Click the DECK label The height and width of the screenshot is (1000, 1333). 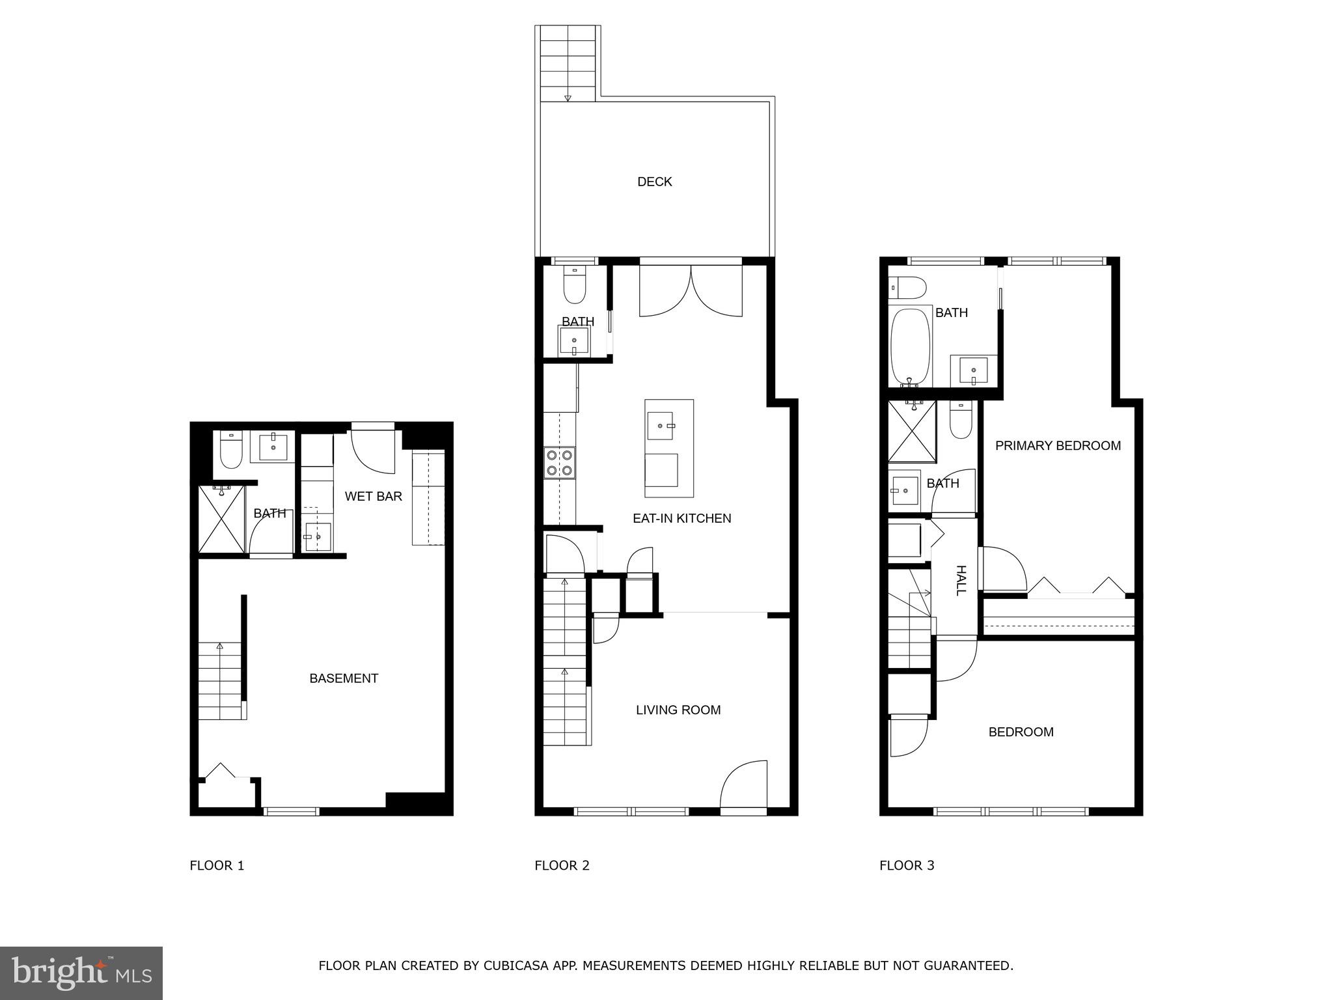click(x=654, y=182)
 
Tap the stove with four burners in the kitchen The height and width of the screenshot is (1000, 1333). click(x=560, y=462)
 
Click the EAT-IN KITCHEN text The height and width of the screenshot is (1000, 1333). click(x=681, y=518)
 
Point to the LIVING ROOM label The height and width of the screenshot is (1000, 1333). click(x=678, y=710)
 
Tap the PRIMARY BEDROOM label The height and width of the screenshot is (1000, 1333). click(x=1058, y=446)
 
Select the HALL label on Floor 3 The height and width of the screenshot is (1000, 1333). click(x=961, y=580)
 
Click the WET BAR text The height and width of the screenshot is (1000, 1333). click(x=373, y=496)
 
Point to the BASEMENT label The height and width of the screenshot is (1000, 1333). click(x=344, y=678)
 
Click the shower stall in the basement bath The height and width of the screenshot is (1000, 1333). click(x=221, y=520)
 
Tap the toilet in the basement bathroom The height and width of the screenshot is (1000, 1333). click(x=231, y=451)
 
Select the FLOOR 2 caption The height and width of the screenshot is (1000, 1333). click(x=562, y=865)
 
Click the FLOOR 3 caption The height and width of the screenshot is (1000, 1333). click(x=907, y=865)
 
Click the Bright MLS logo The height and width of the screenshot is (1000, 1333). click(x=81, y=973)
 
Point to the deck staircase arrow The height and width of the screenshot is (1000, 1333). click(x=568, y=98)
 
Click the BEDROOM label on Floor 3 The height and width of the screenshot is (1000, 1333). click(x=1021, y=732)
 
